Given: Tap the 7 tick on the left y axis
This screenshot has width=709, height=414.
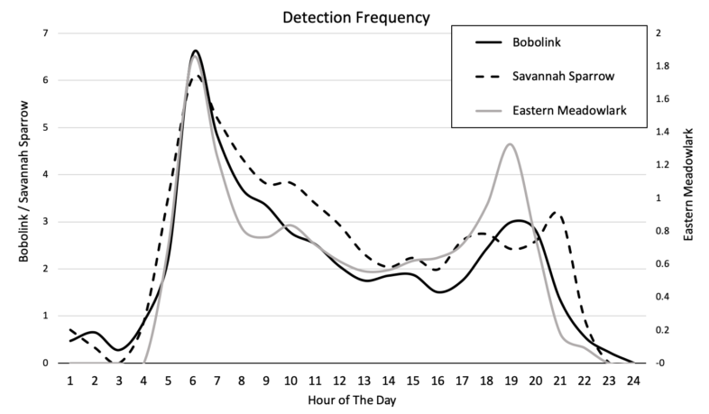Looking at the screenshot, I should [47, 33].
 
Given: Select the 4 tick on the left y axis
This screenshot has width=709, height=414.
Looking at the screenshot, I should [47, 174].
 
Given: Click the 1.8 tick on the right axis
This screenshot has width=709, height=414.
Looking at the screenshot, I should [662, 67].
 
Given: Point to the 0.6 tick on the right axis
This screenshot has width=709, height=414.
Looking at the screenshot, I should [662, 264].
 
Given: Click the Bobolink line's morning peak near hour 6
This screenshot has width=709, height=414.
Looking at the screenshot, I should [196, 51].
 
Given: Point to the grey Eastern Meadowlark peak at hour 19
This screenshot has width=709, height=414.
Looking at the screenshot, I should [511, 144].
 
